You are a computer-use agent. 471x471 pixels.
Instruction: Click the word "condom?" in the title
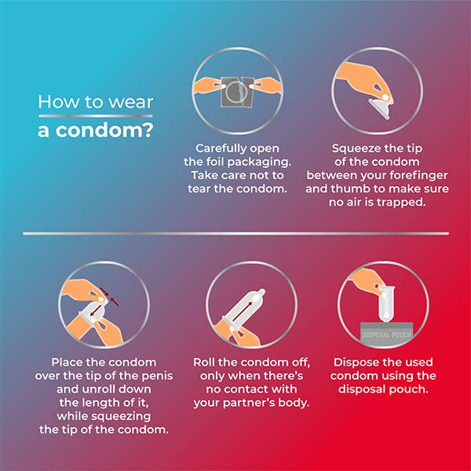[104, 130]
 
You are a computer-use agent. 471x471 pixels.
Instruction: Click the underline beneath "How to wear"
[96, 116]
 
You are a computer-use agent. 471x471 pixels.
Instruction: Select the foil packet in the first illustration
[238, 92]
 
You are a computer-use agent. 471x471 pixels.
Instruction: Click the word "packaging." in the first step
[263, 162]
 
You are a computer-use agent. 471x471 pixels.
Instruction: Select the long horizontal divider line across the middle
[235, 233]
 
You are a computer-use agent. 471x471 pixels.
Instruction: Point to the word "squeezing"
[121, 417]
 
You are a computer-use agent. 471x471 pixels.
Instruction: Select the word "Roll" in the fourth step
[205, 362]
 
